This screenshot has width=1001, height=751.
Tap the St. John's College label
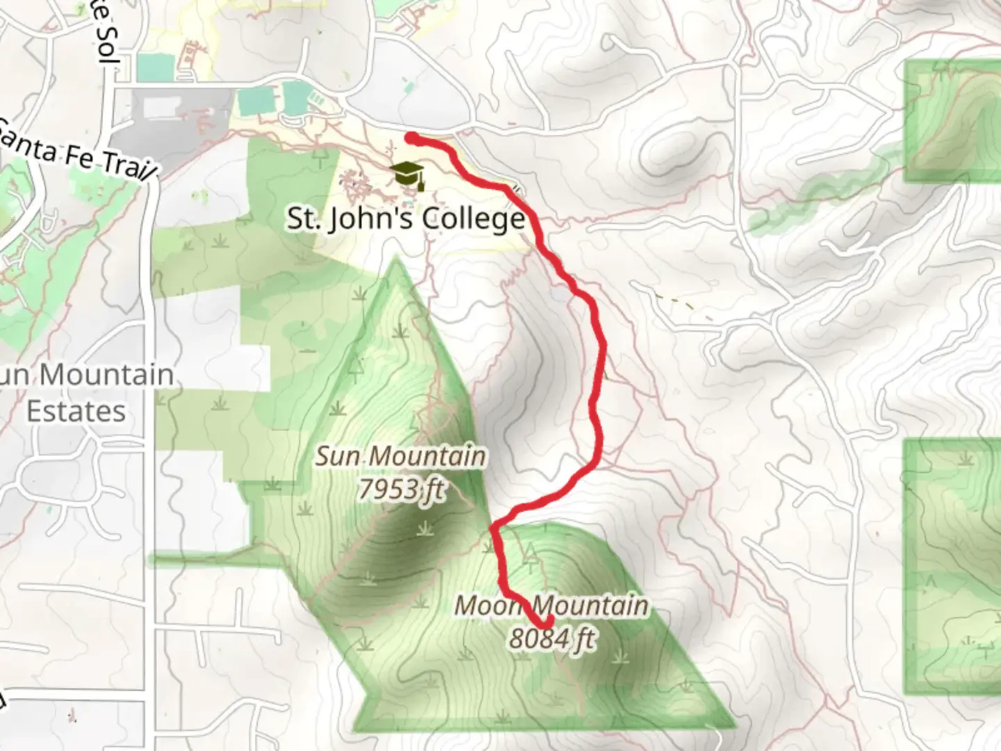click(406, 219)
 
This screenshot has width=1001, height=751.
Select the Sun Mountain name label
click(400, 457)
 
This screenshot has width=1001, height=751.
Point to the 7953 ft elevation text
click(401, 489)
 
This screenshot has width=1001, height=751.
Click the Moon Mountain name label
click(551, 606)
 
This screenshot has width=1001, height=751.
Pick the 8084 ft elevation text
click(552, 638)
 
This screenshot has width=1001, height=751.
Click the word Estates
click(76, 411)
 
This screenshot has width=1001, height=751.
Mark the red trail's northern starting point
click(411, 138)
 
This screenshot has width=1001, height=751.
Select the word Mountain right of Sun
click(427, 457)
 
